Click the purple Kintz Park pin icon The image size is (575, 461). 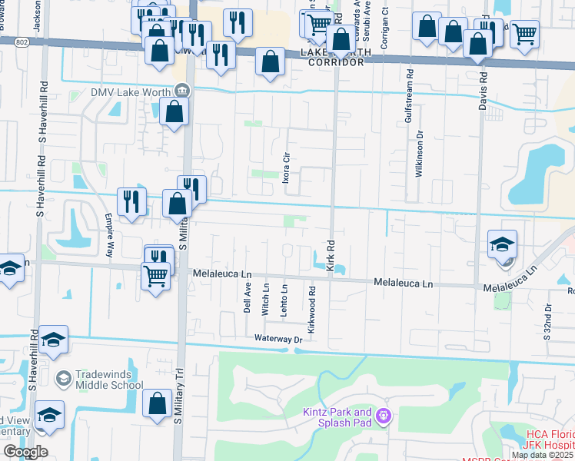tap(384, 417)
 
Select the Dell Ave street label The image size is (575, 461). tap(248, 297)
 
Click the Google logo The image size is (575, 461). tap(25, 452)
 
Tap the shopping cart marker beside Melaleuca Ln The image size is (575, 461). tap(156, 275)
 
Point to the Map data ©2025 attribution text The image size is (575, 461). tap(542, 455)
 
